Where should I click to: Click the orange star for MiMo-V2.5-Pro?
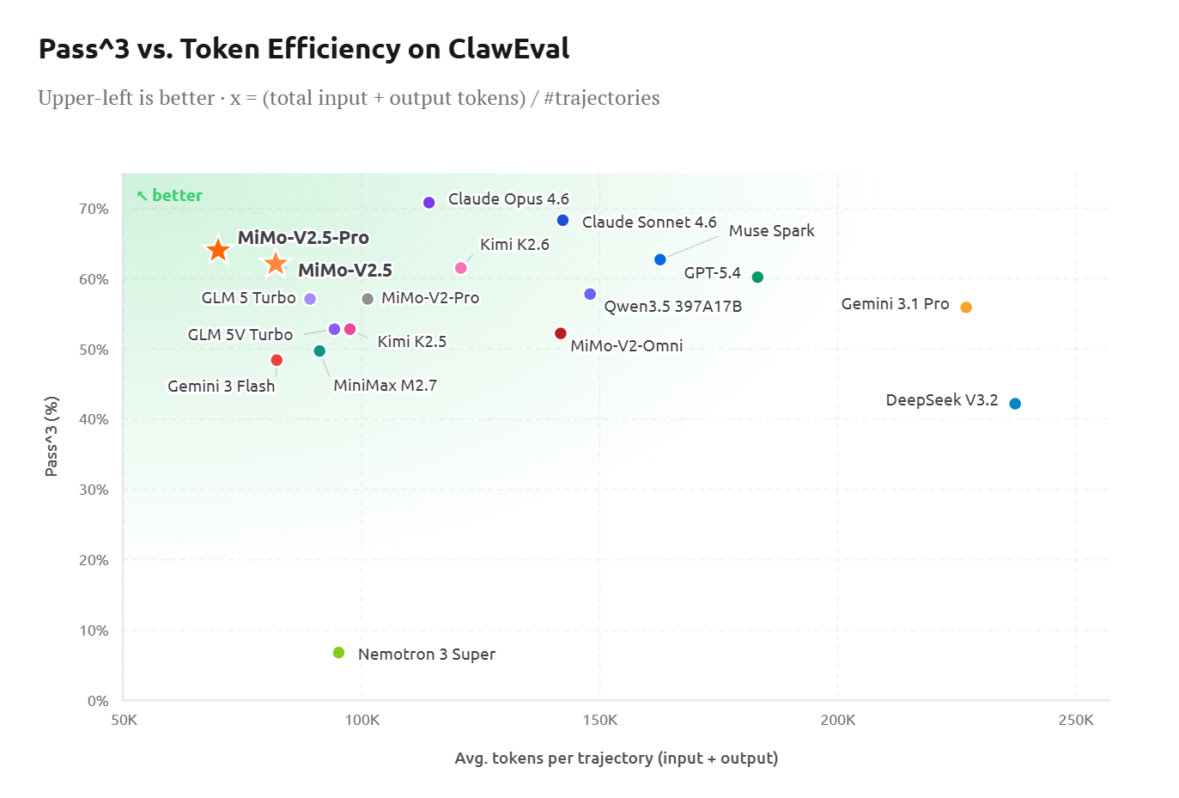coord(218,250)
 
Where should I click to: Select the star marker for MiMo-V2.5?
coord(275,264)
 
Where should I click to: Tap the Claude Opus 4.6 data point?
coord(429,203)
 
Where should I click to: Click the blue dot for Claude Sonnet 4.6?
coord(562,221)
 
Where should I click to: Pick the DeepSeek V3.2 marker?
coord(1015,404)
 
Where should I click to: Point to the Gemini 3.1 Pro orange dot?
coord(966,308)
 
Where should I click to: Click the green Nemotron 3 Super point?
coord(338,653)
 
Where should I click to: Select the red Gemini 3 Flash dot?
coord(277,360)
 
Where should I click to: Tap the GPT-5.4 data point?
coord(757,277)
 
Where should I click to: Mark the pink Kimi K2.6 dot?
coord(460,268)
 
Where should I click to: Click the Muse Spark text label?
coord(771,231)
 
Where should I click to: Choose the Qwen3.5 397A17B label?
coord(672,307)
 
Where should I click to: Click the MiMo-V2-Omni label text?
coord(626,346)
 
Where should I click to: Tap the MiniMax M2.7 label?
coord(385,386)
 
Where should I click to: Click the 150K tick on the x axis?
coord(599,720)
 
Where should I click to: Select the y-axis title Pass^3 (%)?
coord(52,436)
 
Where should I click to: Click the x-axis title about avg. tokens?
coord(616,758)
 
